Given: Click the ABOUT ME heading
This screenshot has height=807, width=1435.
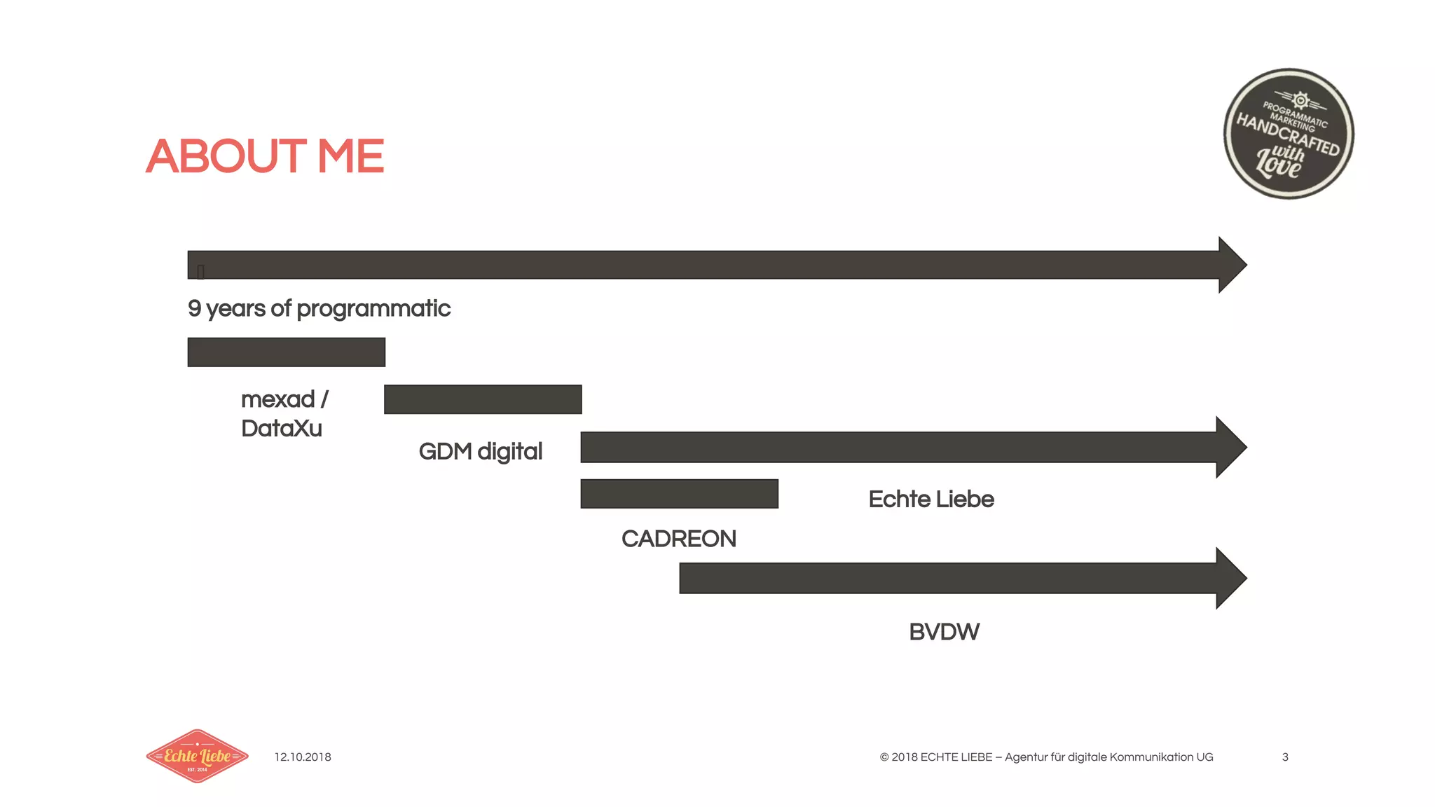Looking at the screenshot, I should point(265,156).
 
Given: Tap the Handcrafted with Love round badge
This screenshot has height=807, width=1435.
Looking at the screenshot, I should point(1289,134).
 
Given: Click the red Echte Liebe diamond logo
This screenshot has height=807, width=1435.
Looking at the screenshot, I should point(197,756).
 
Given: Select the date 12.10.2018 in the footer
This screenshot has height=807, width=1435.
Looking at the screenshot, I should point(303,757).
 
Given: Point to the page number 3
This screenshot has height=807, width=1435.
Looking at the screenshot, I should point(1285,757).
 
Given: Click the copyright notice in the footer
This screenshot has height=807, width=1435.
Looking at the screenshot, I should point(1046,757).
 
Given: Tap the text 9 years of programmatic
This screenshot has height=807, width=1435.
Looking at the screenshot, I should point(319,308).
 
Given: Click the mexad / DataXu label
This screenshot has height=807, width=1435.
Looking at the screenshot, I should point(284,413).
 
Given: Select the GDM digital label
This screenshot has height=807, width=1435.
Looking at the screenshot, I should point(480,451).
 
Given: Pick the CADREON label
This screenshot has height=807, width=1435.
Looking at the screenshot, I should point(678,539).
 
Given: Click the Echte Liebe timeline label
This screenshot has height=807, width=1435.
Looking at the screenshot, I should point(931,499).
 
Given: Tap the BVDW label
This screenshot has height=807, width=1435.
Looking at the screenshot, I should point(944,632).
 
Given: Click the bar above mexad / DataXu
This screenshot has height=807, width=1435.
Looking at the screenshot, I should point(286,352).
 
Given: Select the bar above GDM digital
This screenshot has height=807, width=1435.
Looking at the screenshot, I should point(483,399).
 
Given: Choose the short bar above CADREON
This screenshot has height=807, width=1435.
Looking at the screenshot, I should point(679,494).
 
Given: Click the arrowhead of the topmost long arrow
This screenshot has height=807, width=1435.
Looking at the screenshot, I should point(1232,265).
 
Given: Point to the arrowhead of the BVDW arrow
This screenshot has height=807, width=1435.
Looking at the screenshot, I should point(1230,578).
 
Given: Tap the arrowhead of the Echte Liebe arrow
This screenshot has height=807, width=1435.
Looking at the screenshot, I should point(1230,447).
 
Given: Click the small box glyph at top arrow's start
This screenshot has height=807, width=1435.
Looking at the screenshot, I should point(200,272).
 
